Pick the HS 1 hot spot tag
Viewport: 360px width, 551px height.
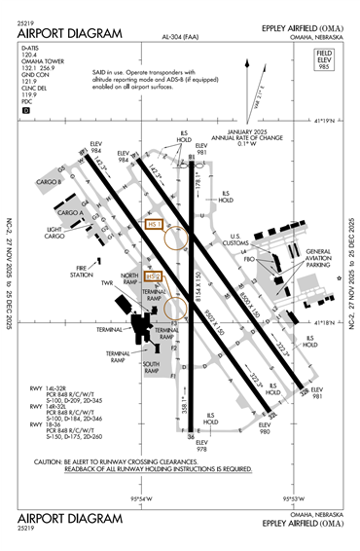(x=151, y=224)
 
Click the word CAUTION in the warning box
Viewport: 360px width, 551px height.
(x=50, y=462)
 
